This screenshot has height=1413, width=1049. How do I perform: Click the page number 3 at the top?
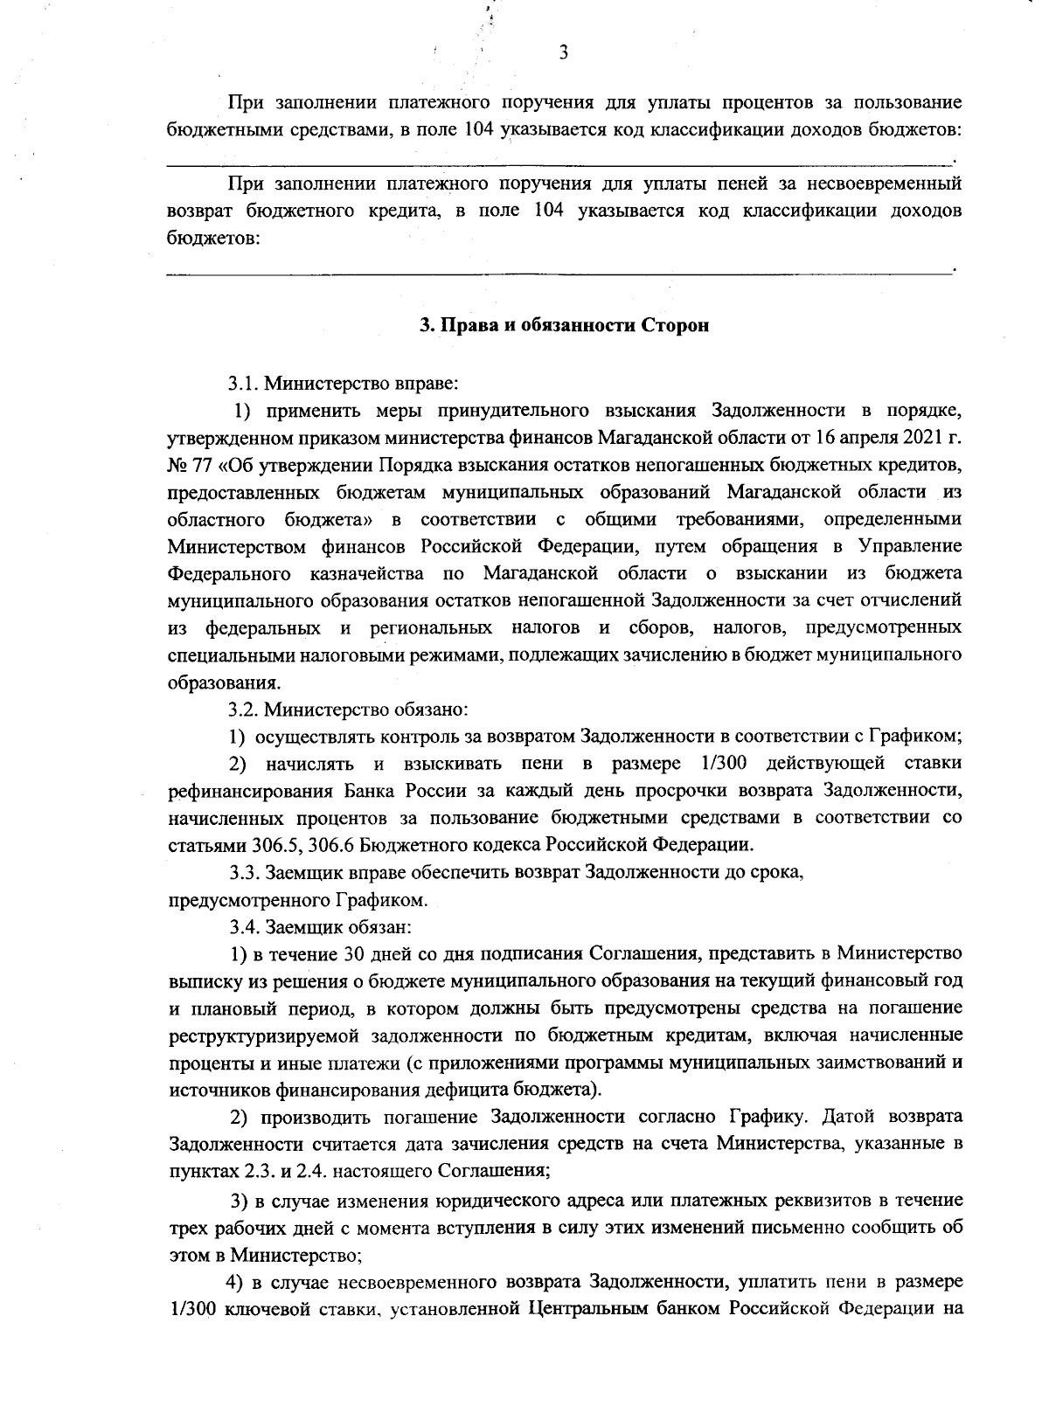564,53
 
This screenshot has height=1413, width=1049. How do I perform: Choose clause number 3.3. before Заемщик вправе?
245,872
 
